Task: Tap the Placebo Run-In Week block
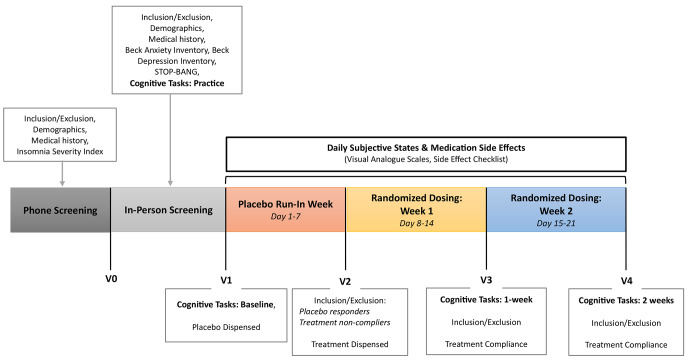coord(285,210)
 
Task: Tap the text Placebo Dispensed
coord(226,325)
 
